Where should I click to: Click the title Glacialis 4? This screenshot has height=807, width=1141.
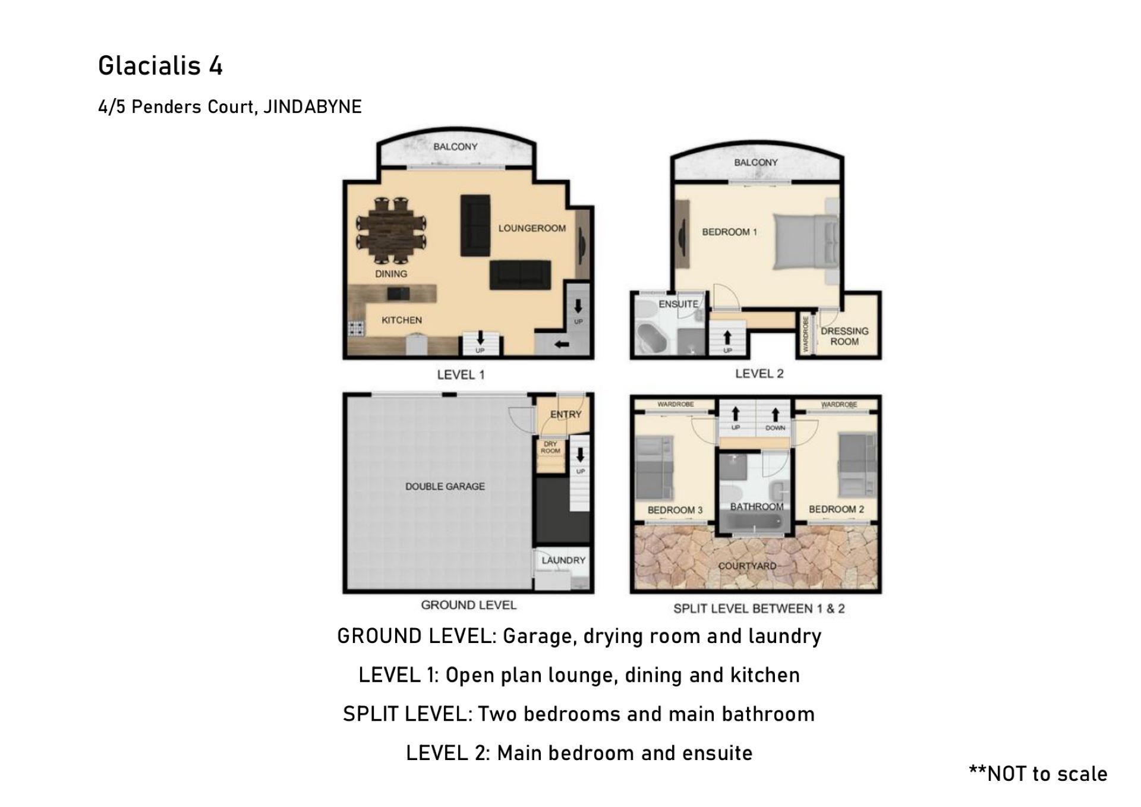[160, 65]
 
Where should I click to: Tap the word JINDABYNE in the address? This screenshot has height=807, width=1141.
[313, 107]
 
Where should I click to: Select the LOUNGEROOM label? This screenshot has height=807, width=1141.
[532, 228]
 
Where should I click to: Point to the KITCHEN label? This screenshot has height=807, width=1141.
[402, 320]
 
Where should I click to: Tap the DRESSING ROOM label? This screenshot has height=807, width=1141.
[844, 336]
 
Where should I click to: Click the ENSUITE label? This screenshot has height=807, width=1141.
[678, 304]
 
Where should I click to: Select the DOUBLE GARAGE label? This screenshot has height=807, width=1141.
[445, 487]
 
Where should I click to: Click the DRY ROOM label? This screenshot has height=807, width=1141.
[550, 447]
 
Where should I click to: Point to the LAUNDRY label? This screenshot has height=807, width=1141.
[563, 560]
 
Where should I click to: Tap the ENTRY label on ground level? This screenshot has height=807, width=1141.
[566, 414]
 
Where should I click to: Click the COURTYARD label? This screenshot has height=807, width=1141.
[748, 566]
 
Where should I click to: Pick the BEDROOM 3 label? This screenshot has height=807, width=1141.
[675, 510]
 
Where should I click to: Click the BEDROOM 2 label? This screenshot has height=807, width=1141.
[836, 509]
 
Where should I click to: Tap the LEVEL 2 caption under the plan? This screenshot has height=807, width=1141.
[759, 374]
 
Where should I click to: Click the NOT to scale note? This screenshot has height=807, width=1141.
[1038, 774]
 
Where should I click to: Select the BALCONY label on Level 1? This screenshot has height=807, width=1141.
[455, 147]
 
